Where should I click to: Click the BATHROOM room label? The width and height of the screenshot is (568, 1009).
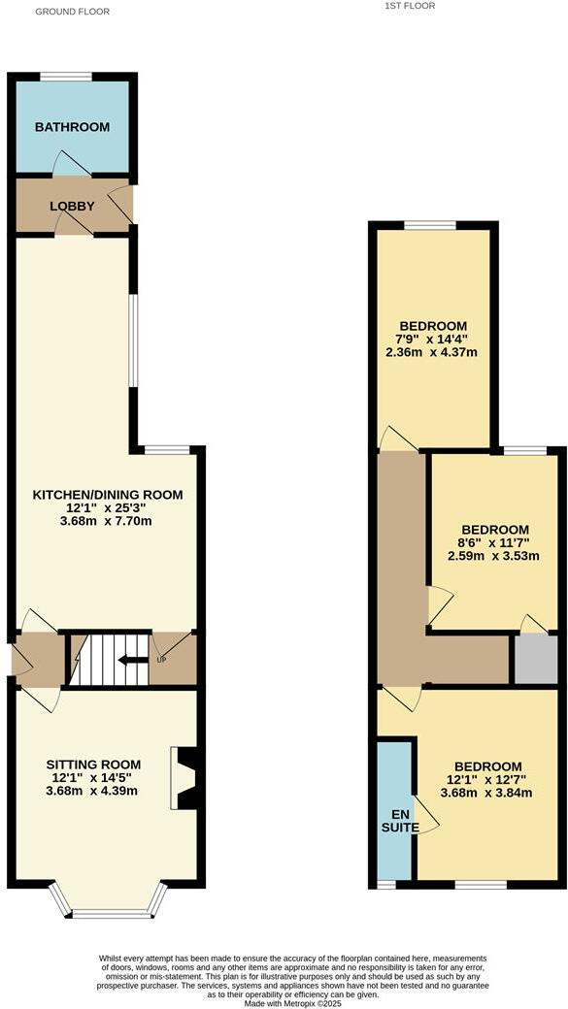pos(72,127)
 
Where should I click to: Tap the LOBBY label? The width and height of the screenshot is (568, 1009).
pos(73,206)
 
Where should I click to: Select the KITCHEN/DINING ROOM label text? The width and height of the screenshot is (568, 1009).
pos(108,495)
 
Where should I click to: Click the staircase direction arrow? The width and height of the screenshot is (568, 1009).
pos(126,660)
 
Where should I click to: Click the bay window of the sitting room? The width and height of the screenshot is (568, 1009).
pos(110,910)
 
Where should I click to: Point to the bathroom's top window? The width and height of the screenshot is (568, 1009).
pos(66,77)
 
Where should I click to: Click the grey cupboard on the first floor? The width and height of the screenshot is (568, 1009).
pos(536,660)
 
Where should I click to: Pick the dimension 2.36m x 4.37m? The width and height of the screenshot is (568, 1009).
pos(432,352)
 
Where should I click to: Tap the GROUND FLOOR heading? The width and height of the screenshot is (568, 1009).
pos(73,12)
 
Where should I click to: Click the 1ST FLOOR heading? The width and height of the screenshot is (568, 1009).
pos(410,6)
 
